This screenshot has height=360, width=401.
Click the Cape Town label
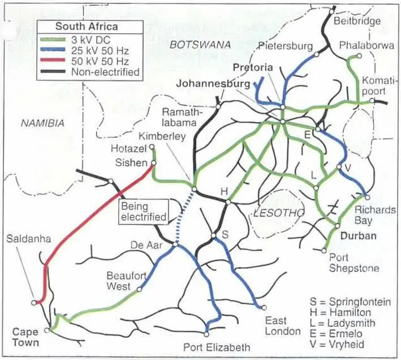26,337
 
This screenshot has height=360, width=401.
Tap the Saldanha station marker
35,302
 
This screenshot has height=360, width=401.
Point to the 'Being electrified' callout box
144,211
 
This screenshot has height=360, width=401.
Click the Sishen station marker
153,163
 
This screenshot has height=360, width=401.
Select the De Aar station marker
176,245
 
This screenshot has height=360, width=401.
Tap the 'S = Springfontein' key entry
350,302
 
